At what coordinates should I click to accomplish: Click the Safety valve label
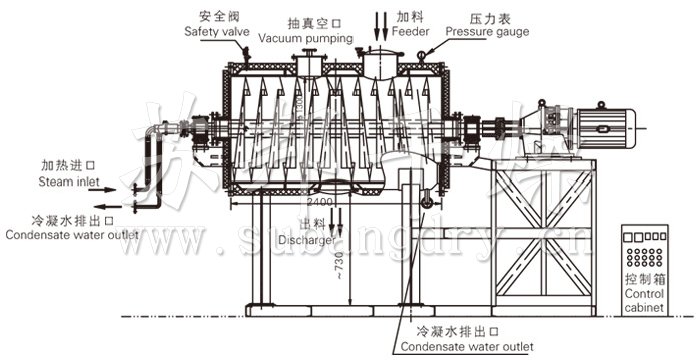(216, 31)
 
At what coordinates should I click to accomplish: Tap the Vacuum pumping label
(306, 38)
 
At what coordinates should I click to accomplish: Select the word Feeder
(411, 31)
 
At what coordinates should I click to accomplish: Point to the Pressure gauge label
(487, 31)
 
